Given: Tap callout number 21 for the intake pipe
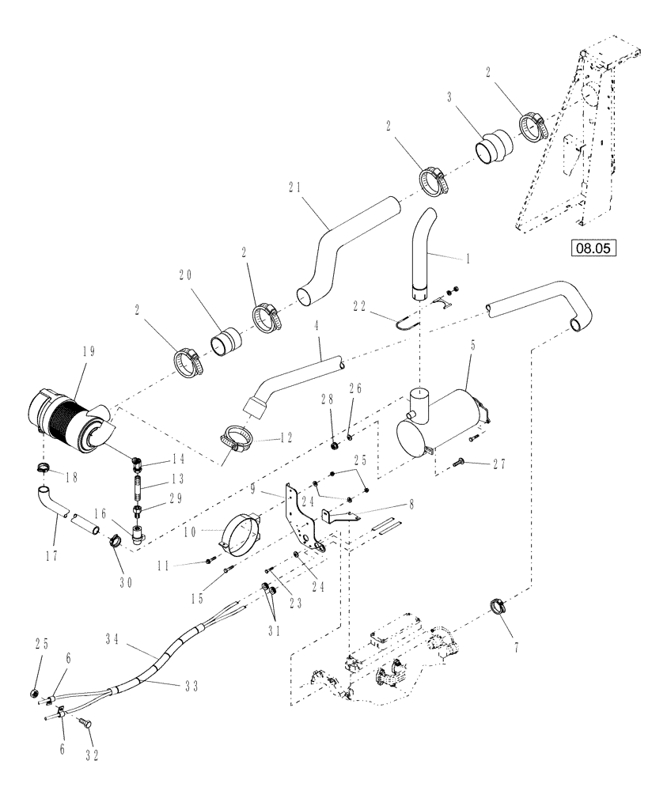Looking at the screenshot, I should tap(296, 188).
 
